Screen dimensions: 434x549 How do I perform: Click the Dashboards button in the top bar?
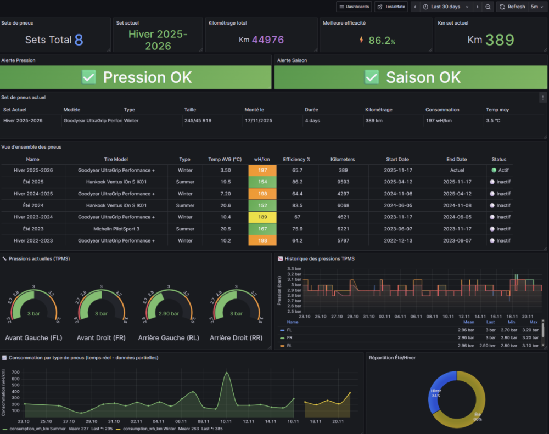[354, 7]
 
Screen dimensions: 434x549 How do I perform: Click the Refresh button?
[512, 7]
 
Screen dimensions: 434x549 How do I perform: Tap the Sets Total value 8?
[79, 40]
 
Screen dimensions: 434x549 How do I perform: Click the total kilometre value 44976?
[268, 40]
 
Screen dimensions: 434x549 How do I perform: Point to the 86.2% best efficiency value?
[382, 40]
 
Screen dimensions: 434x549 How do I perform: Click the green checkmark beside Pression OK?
[89, 77]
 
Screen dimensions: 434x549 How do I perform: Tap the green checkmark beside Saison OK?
[372, 77]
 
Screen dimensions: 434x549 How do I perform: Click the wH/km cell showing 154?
[262, 182]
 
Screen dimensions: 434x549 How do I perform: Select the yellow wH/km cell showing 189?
[262, 217]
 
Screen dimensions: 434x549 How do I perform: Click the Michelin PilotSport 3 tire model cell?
[116, 229]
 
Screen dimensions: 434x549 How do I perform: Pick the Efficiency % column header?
[296, 159]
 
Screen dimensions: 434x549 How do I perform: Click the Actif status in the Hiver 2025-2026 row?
[501, 170]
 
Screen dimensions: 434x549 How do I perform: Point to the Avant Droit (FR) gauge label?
[101, 338]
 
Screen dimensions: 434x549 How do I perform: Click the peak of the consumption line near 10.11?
[226, 373]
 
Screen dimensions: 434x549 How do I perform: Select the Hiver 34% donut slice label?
[436, 393]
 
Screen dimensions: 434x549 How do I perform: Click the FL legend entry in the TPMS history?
[290, 330]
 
